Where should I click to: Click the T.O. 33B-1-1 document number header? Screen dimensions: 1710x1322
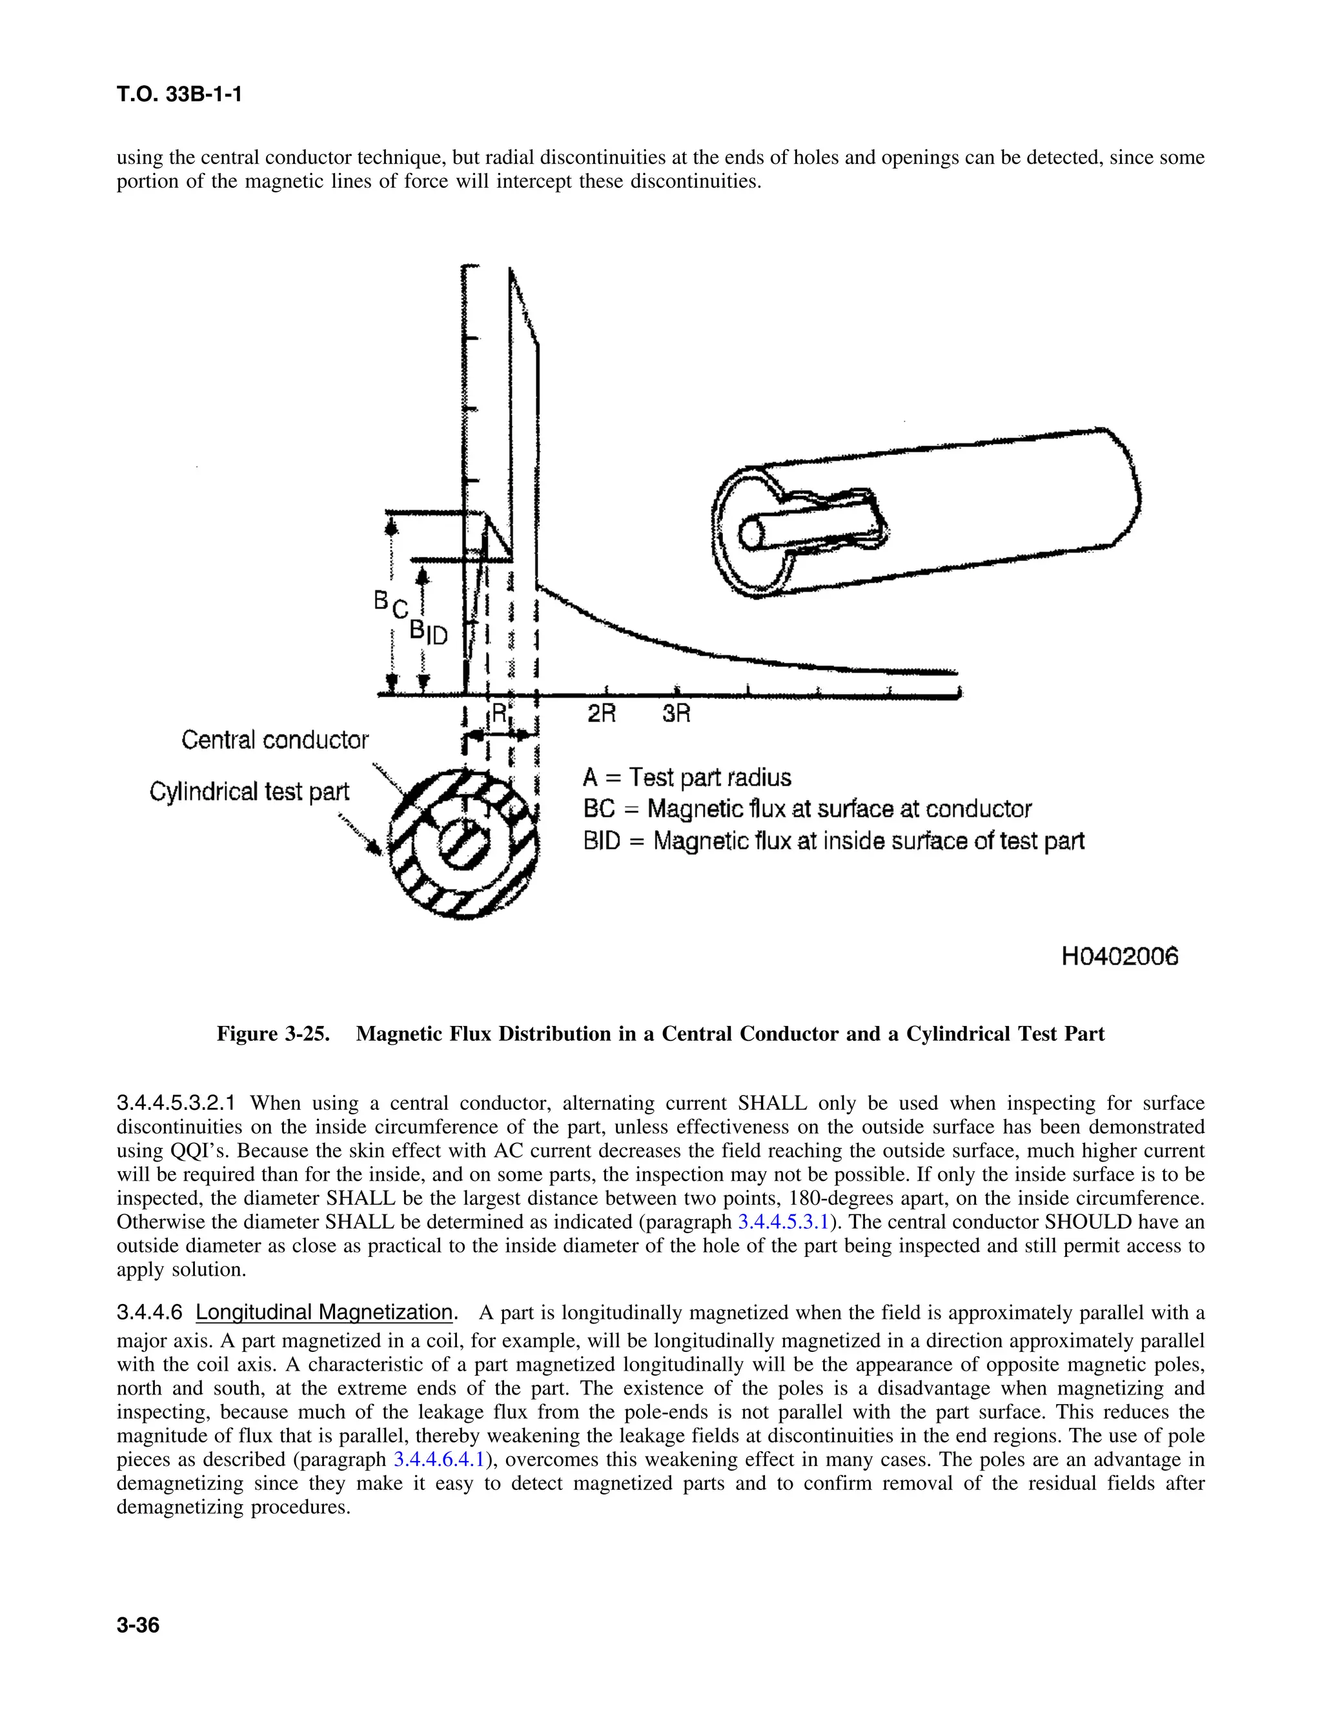[179, 95]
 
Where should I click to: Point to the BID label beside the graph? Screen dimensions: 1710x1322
[429, 632]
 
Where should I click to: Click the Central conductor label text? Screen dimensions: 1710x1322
[275, 740]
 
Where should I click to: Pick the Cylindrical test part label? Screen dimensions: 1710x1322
[249, 792]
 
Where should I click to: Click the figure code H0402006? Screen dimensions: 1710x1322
[1119, 956]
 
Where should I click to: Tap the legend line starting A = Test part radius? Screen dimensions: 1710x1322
[687, 778]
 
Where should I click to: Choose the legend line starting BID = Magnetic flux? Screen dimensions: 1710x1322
[833, 841]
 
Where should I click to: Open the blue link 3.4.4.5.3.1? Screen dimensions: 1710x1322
[782, 1222]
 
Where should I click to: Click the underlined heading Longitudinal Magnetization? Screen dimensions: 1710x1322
[324, 1313]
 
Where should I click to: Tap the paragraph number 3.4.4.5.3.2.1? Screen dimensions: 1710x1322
[176, 1103]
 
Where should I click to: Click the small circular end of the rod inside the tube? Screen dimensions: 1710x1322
[751, 535]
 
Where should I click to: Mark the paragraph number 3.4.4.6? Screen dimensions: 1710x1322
[149, 1313]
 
